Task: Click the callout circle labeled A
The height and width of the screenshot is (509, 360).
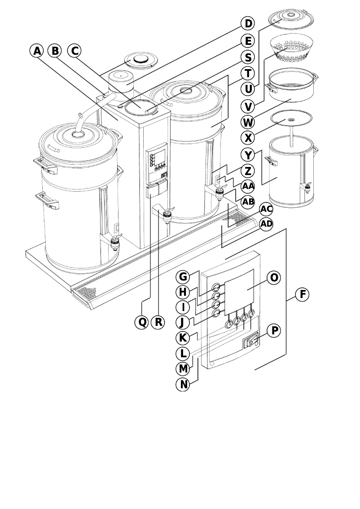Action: click(37, 51)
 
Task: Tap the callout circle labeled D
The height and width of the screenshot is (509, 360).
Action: click(247, 23)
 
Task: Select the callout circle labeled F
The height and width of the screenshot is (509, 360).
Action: click(303, 294)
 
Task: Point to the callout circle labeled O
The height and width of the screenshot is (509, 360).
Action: click(274, 277)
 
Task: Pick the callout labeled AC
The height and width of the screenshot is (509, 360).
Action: click(266, 209)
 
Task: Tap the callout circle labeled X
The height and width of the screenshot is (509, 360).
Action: click(247, 137)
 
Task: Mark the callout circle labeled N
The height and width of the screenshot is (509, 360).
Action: click(184, 384)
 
